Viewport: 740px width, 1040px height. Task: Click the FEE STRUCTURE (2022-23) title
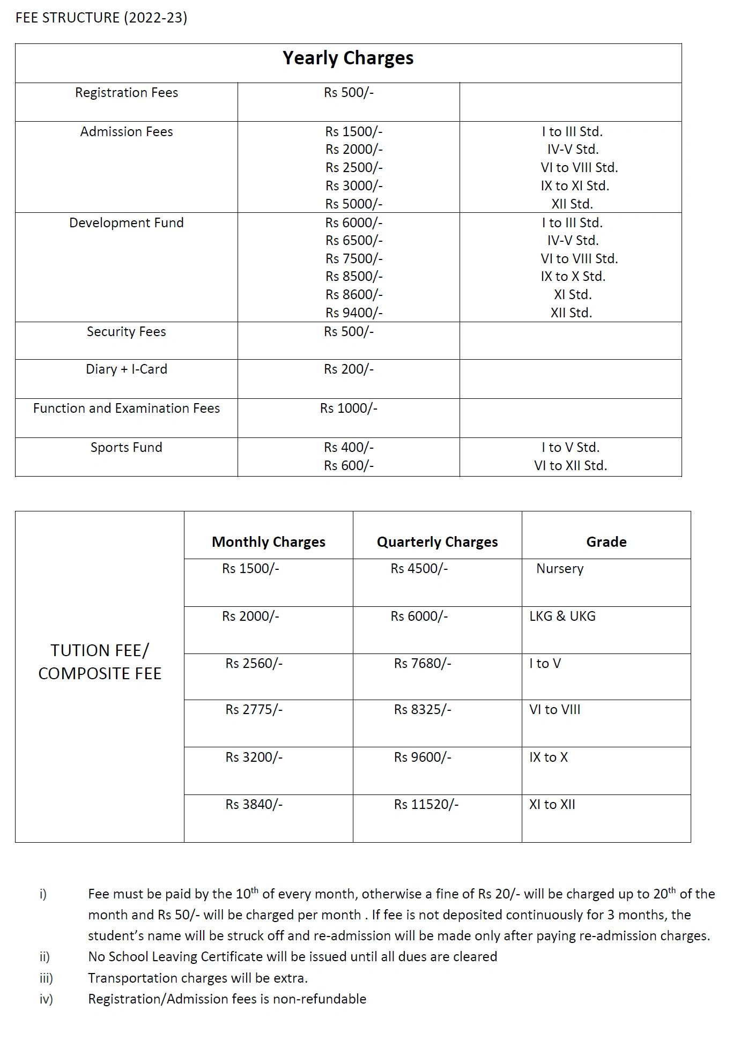point(101,18)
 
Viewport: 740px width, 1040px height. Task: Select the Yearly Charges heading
point(348,58)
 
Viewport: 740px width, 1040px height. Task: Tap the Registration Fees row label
point(127,93)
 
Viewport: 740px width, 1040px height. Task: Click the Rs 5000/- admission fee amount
point(354,204)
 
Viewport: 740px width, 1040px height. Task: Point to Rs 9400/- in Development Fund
point(354,313)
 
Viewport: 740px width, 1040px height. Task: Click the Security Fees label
point(127,332)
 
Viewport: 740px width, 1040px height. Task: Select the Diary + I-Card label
point(127,369)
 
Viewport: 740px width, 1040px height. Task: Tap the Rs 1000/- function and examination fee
point(349,408)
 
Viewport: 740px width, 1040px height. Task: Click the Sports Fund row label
point(127,448)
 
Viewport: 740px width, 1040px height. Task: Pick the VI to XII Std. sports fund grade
point(571,466)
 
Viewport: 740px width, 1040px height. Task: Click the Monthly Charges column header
point(269,542)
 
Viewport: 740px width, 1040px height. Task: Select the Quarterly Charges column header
point(437,542)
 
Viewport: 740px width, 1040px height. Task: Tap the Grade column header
point(606,542)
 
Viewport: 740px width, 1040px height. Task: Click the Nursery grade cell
point(560,569)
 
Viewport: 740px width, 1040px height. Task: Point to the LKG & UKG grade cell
point(563,616)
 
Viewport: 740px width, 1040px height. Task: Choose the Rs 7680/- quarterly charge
point(423,664)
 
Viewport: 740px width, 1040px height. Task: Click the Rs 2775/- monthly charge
point(254,710)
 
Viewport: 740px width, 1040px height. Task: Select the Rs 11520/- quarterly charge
point(426,805)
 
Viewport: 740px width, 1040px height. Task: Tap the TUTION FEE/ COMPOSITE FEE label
point(100,662)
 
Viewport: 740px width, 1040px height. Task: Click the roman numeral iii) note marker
point(46,978)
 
